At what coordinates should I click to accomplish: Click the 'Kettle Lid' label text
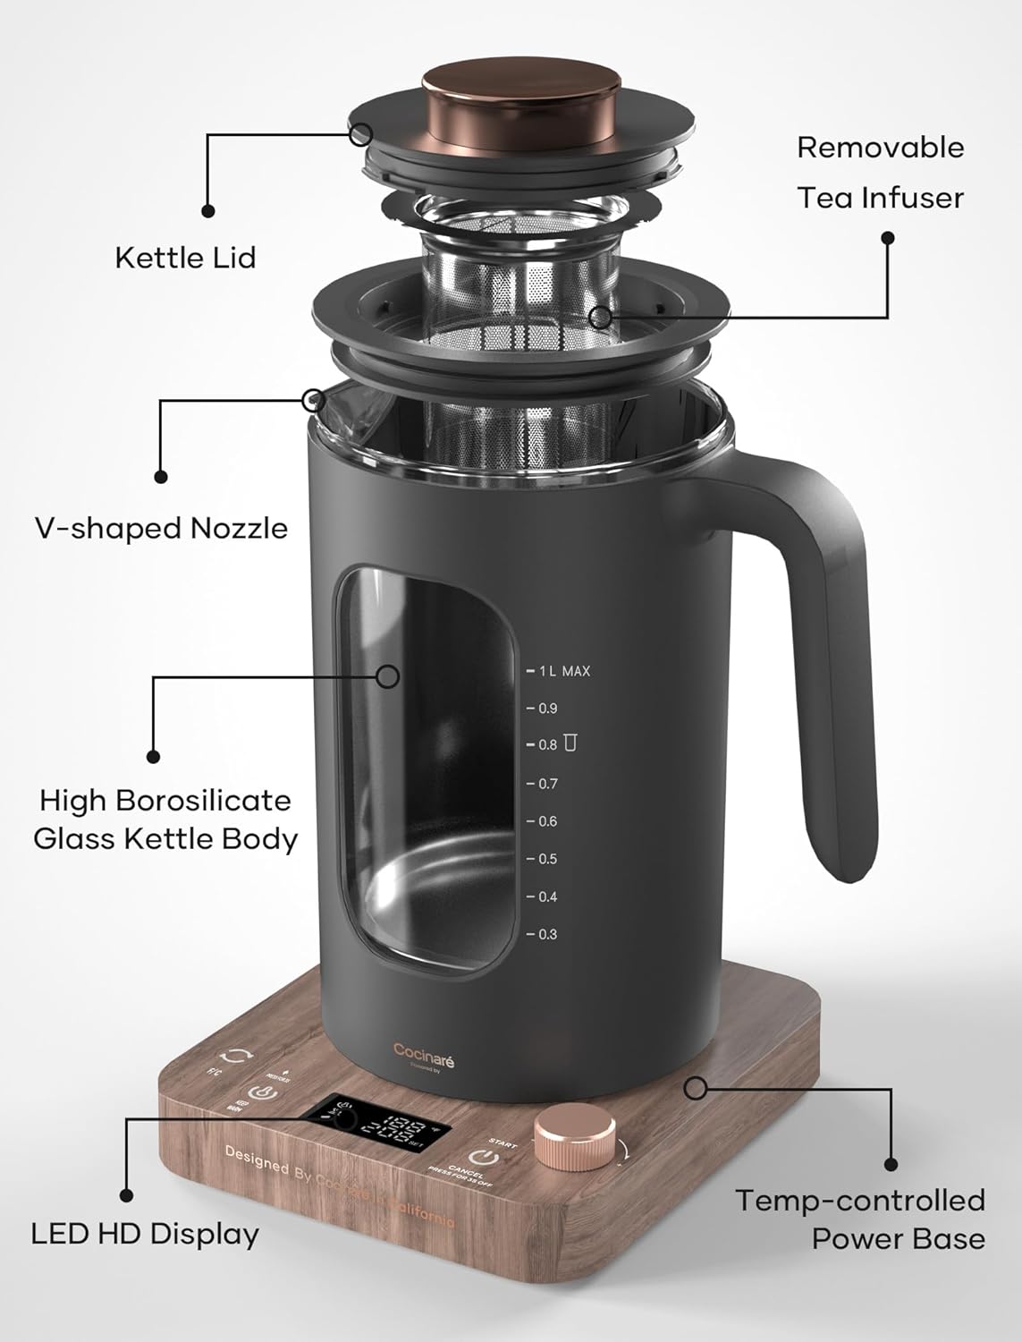(x=185, y=258)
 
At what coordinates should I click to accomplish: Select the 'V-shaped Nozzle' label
(x=161, y=528)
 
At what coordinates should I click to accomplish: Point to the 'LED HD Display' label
(x=145, y=1234)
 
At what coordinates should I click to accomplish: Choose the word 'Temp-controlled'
(x=859, y=1200)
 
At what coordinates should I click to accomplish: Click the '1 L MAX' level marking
(x=562, y=671)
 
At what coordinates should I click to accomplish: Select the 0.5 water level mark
(x=546, y=859)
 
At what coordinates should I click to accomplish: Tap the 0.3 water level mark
(x=546, y=934)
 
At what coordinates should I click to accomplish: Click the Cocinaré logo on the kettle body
(x=424, y=1049)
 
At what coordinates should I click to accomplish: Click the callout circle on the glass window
(x=387, y=675)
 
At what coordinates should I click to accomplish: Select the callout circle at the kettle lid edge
(x=361, y=134)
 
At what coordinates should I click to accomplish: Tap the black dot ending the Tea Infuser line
(x=888, y=238)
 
